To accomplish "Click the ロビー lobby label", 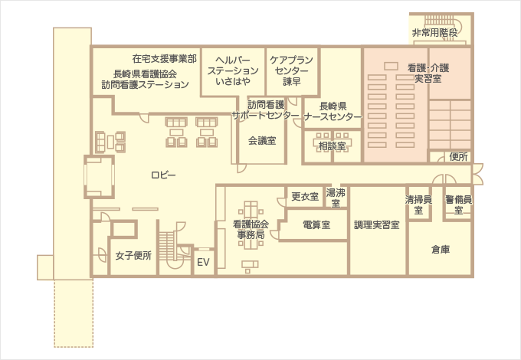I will tap(163, 175).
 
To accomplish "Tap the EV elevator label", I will tap(203, 262).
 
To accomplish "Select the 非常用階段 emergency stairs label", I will tap(434, 33).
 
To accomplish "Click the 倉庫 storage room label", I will tap(440, 249).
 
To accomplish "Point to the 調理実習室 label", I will tap(377, 226).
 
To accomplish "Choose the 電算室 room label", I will tap(316, 225).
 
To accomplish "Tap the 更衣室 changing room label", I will tap(305, 197).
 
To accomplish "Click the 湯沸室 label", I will tap(336, 198).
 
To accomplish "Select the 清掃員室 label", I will tap(418, 204).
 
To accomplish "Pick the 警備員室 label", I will tap(457, 204).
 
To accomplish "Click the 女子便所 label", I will tap(133, 255).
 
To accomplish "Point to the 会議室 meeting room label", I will tap(262, 141).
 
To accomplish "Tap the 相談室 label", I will tap(332, 145).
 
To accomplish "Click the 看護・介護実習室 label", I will tap(428, 73).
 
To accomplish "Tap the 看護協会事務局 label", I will tap(250, 230).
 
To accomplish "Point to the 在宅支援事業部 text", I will tap(164, 58).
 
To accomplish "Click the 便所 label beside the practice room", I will tap(459, 157).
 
